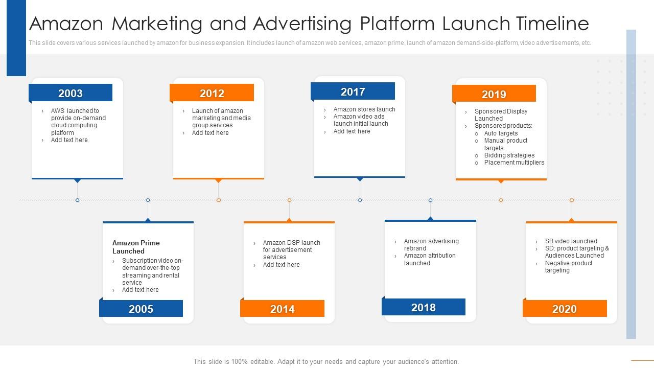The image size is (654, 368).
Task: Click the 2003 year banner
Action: (x=71, y=93)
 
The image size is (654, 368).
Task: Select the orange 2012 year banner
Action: (x=212, y=93)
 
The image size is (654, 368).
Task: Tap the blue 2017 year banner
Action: (x=353, y=91)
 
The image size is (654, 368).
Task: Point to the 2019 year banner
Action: (x=494, y=94)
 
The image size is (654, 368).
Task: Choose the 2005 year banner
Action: (x=141, y=308)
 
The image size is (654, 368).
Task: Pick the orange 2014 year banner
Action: (x=283, y=308)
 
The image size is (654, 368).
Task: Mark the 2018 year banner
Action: (x=424, y=307)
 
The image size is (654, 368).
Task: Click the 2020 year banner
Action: (x=565, y=308)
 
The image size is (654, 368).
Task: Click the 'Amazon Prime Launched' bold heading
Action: (x=136, y=247)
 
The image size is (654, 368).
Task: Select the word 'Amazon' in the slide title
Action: (x=66, y=24)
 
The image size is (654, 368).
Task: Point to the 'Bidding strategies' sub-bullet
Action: (x=509, y=155)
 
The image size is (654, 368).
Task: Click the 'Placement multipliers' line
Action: (x=514, y=163)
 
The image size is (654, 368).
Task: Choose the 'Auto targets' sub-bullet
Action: (x=501, y=133)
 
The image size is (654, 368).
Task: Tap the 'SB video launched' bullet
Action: (x=571, y=241)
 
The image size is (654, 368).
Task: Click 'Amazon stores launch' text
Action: (x=364, y=109)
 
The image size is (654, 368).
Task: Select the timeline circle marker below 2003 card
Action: (x=77, y=200)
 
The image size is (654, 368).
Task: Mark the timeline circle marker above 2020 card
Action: (x=572, y=200)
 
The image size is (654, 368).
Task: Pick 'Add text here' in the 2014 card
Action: (x=281, y=265)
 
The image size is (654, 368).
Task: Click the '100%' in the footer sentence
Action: (x=240, y=361)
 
